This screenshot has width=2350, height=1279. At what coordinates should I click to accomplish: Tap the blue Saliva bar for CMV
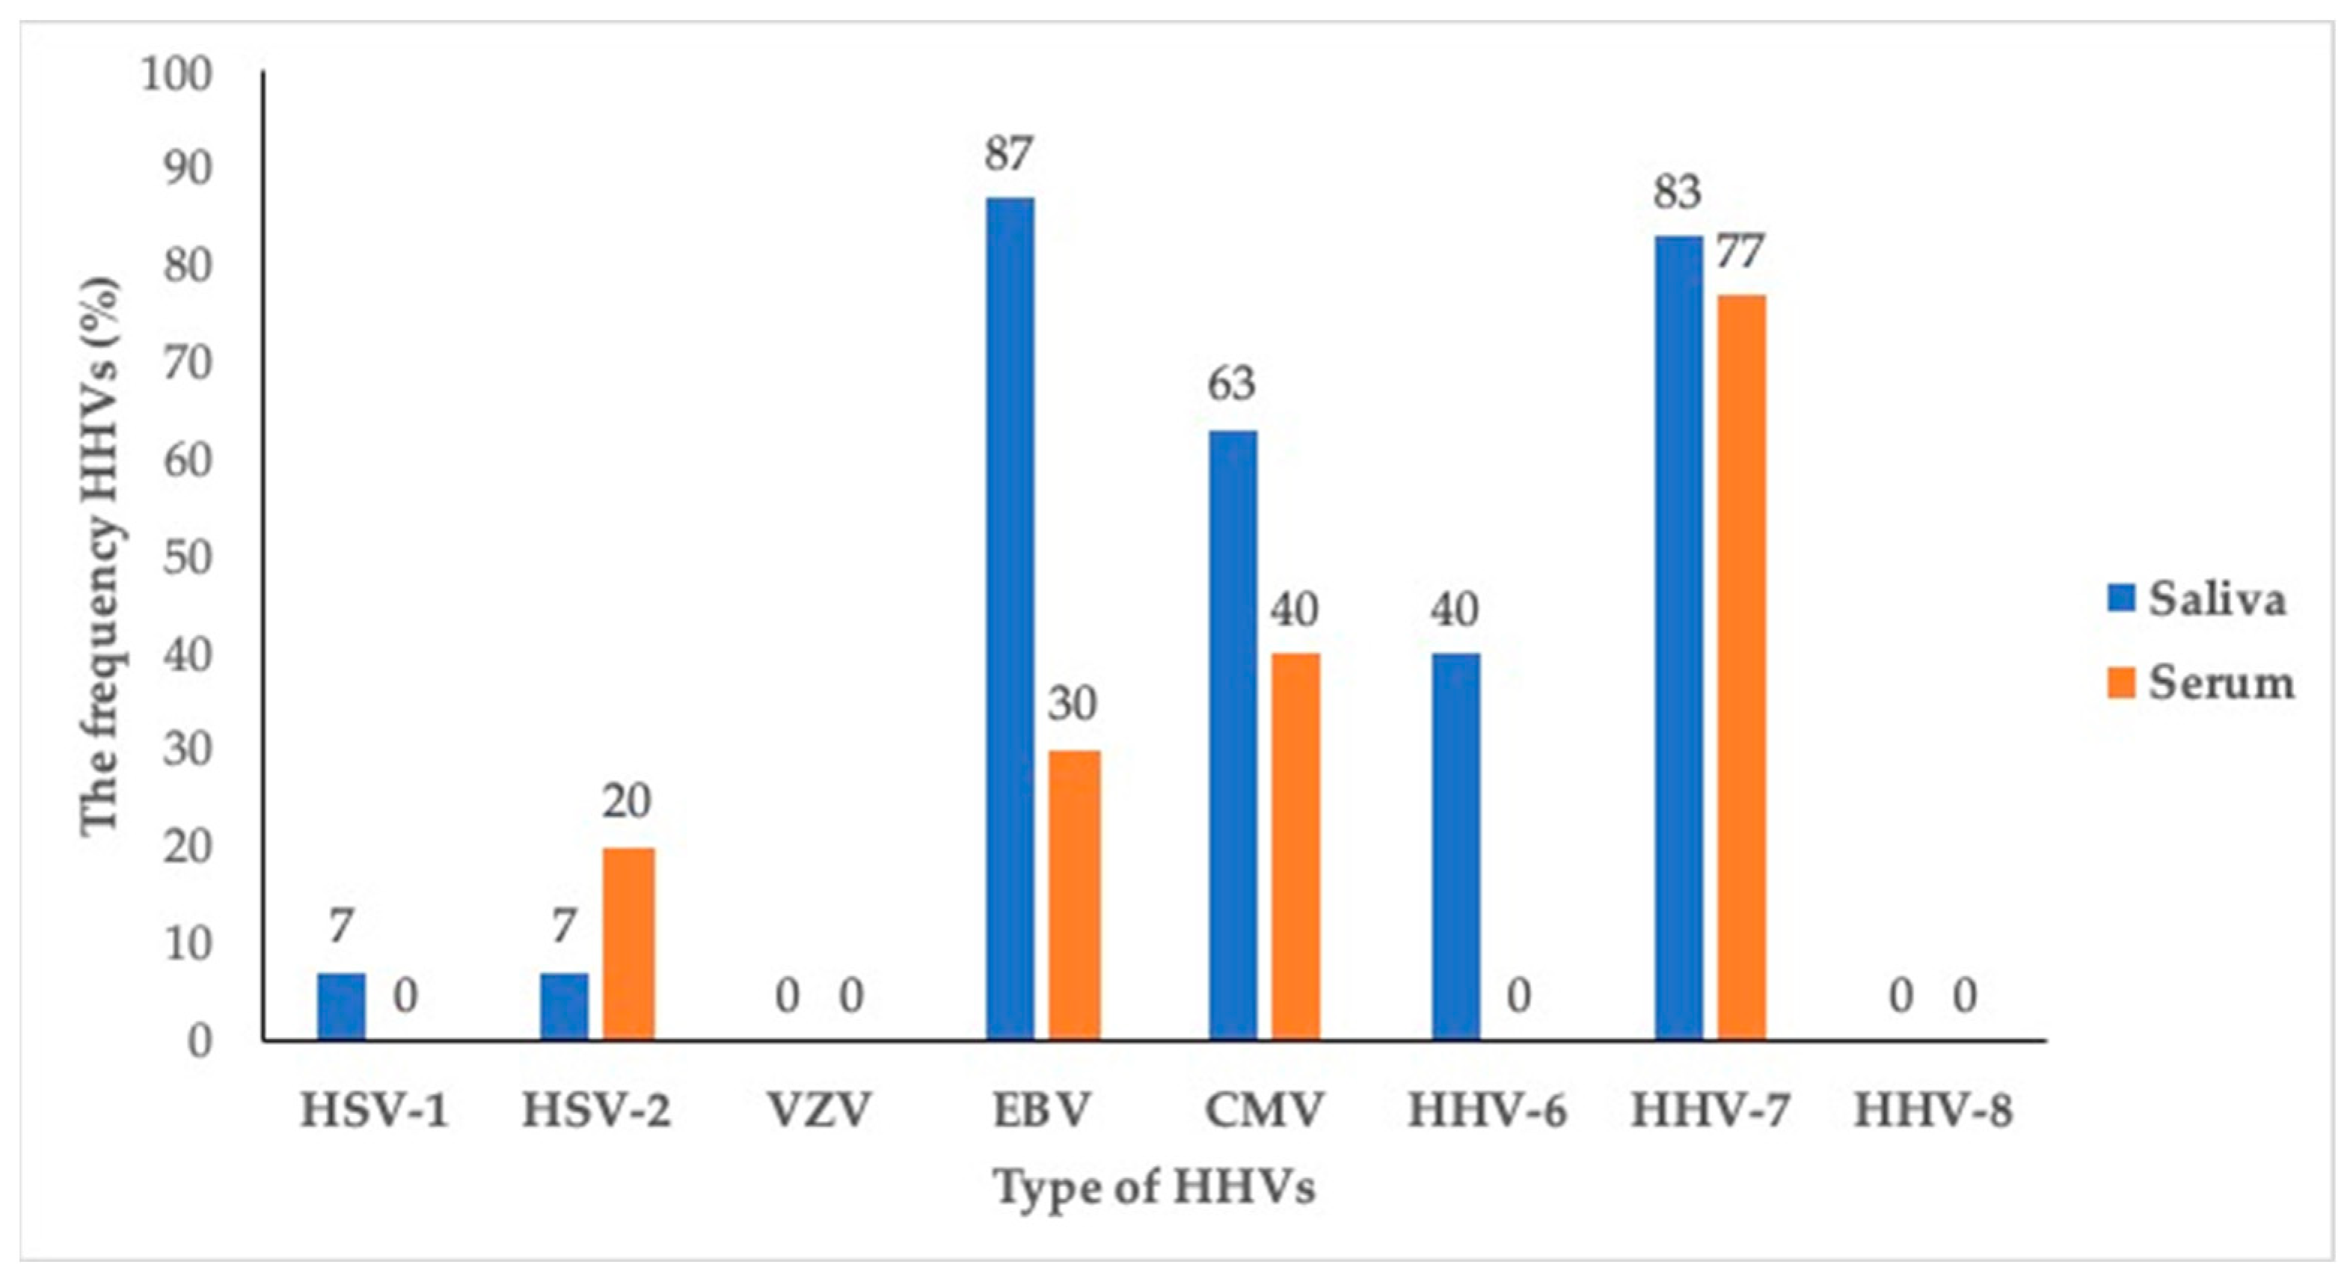pos(1233,734)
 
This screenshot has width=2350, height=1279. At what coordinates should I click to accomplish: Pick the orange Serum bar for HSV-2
pos(628,943)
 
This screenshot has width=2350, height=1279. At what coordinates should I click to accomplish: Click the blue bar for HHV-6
pos(1456,846)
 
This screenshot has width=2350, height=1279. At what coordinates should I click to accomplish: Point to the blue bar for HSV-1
pos(341,1006)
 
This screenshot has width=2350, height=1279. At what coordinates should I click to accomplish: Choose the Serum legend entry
pos(2200,682)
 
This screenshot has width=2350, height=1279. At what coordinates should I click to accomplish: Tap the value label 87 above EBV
pos(1008,154)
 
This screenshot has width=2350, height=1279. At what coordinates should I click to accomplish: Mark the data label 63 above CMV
pos(1232,384)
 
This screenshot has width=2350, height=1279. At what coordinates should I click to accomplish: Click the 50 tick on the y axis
pos(187,557)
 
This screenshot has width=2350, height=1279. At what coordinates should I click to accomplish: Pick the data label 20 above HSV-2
pos(627,801)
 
